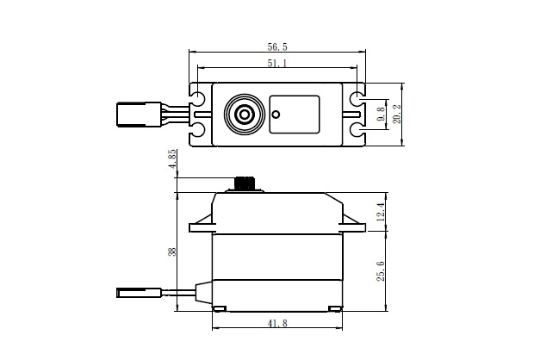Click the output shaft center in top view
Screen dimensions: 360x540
pyautogui.click(x=245, y=114)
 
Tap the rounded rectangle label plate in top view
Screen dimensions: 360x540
pyautogui.click(x=295, y=114)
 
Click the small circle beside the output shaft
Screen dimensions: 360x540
pyautogui.click(x=276, y=113)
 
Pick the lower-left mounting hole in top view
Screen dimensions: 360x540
pyautogui.click(x=198, y=130)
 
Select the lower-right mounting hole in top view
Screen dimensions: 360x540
pyautogui.click(x=356, y=130)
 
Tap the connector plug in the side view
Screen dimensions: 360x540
pyautogui.click(x=136, y=294)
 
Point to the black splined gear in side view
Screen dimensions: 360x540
pyautogui.click(x=245, y=184)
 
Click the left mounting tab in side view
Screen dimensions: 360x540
pyautogui.click(x=200, y=226)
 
